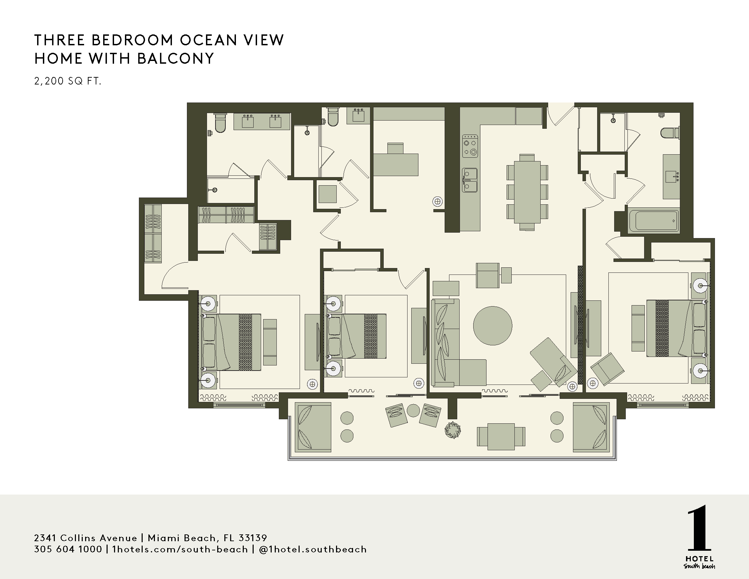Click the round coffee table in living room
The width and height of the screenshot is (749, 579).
coord(493,326)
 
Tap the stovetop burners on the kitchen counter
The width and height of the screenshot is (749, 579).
coord(470,146)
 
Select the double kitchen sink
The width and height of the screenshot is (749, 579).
coord(469,180)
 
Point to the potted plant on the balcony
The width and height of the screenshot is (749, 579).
coord(452,430)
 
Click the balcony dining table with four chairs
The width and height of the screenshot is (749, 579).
coord(501,437)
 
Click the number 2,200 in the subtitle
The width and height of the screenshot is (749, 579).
coord(49,81)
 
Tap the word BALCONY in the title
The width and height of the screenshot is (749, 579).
coord(176,59)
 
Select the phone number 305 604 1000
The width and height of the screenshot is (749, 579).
coord(68,549)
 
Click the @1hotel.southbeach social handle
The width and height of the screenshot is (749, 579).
coord(313,549)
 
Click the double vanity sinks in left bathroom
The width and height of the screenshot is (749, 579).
coord(262,122)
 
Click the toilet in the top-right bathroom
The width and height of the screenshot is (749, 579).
coord(670,133)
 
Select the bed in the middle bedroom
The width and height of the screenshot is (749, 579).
coord(358,336)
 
